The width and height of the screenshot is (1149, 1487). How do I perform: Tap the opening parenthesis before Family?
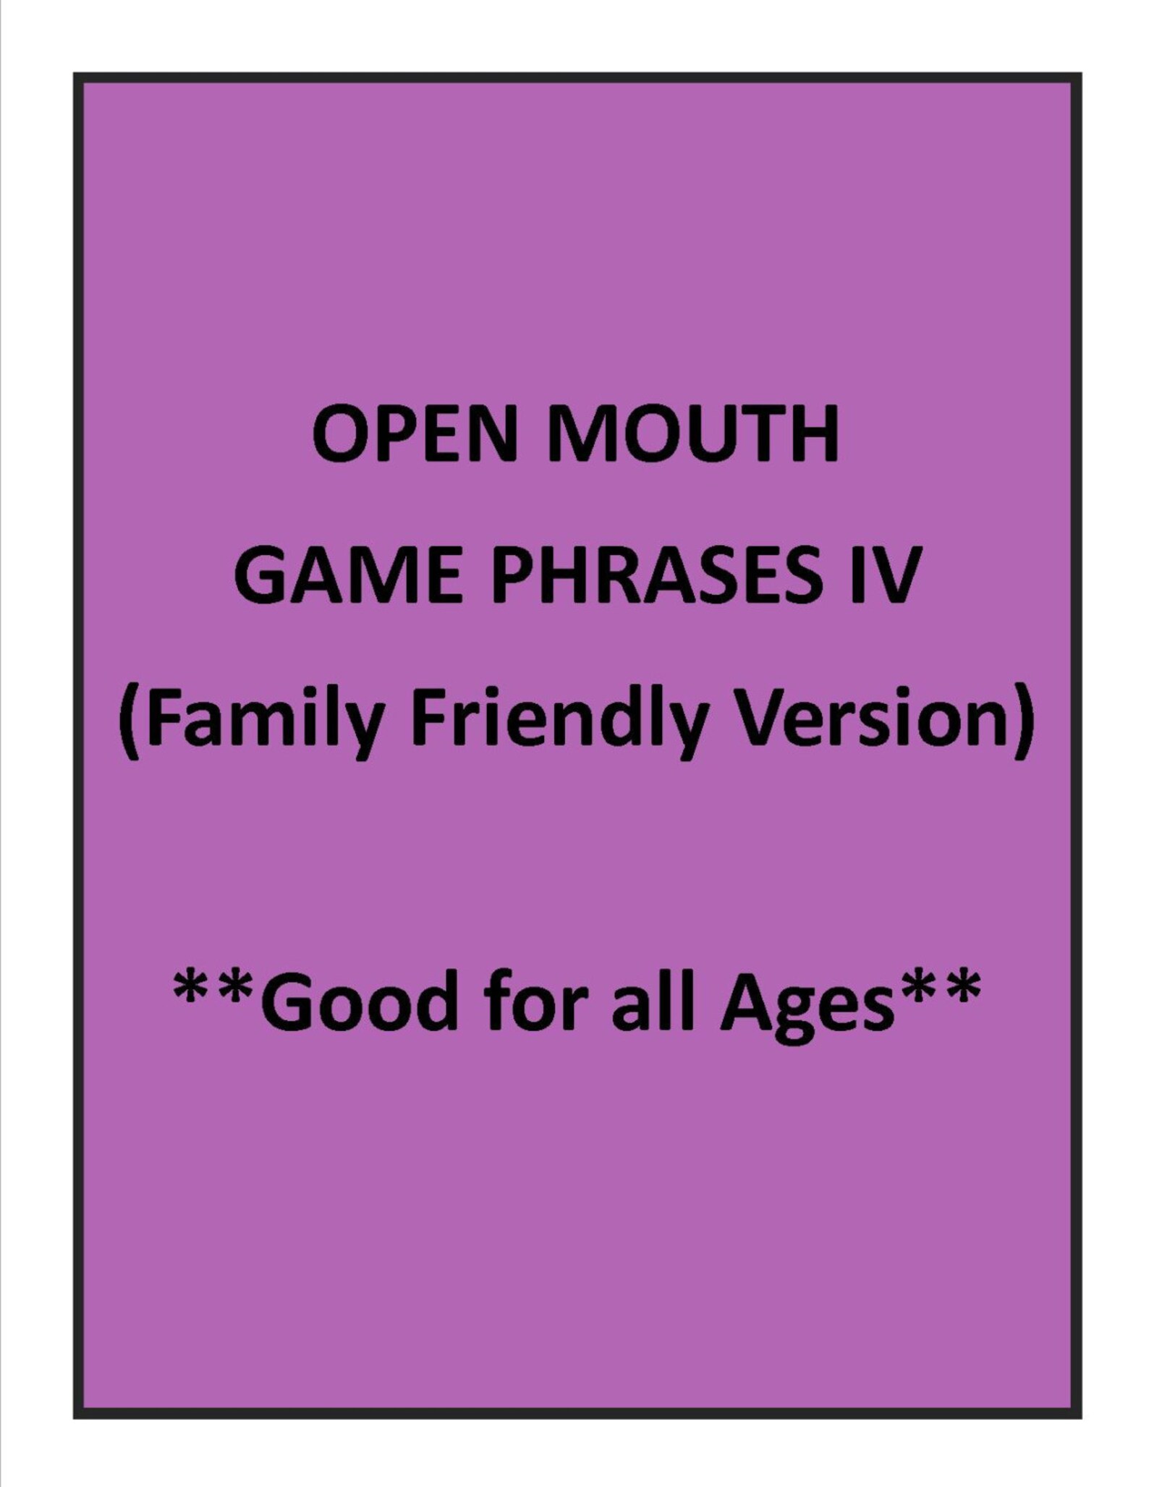point(130,716)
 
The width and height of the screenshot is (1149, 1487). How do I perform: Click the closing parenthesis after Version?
point(1021,716)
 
